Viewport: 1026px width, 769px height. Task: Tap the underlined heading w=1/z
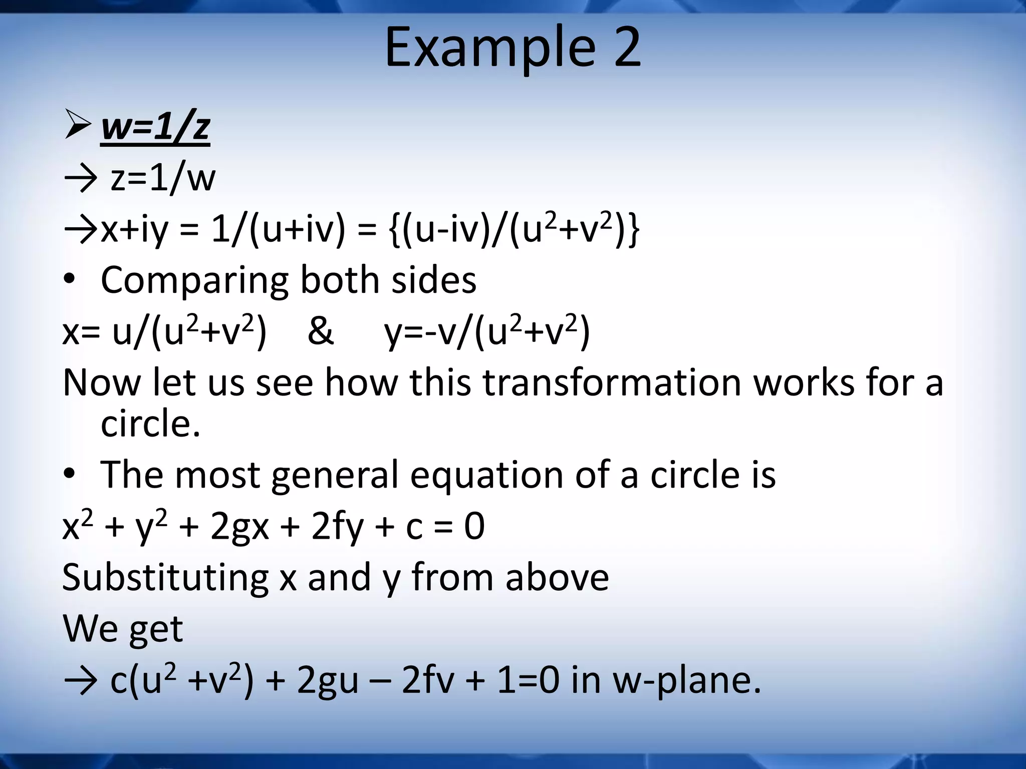155,127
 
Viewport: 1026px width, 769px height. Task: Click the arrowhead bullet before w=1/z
78,126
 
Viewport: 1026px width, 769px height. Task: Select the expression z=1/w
163,178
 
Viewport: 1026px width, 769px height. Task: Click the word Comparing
194,280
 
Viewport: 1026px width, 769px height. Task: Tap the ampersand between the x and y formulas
320,331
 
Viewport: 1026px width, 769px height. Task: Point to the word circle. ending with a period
150,424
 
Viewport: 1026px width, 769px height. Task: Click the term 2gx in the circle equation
239,527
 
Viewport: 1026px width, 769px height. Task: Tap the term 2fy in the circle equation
337,527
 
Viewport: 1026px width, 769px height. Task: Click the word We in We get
88,629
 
